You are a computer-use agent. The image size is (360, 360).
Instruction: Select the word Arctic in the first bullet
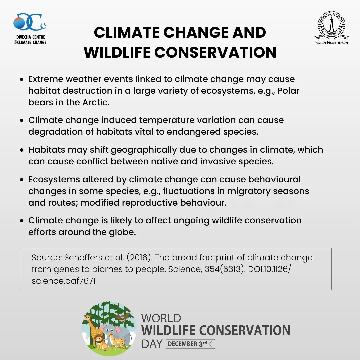[x=96, y=102]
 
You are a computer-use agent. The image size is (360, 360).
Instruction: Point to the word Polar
[x=288, y=91]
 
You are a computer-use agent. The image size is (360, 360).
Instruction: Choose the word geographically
[x=144, y=150]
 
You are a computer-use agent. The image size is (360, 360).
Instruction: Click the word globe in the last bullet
[x=122, y=232]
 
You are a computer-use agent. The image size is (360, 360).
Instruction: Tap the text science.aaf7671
[x=64, y=281]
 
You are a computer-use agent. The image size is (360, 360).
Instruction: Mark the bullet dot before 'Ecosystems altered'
[x=22, y=180]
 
